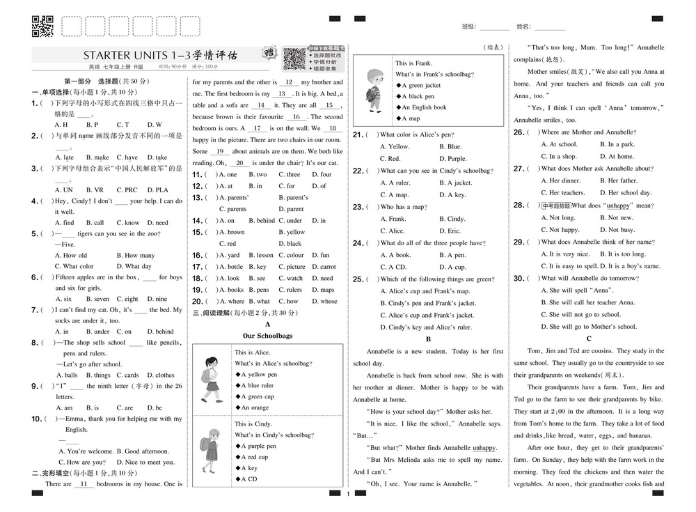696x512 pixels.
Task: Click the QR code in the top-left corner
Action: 43,26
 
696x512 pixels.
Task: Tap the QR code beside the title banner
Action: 294,59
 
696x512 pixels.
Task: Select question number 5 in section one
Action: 35,234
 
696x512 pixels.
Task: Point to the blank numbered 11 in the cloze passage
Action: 85,484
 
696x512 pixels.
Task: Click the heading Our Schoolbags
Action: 268,336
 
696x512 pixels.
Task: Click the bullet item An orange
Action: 255,408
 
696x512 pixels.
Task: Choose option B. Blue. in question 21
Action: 450,147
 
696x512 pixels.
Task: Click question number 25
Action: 359,279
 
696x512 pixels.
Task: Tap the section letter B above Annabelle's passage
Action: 428,339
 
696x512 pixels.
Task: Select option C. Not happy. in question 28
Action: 564,230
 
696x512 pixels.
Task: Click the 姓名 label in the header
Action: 523,26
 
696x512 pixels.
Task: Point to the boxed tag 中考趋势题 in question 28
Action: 556,205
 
